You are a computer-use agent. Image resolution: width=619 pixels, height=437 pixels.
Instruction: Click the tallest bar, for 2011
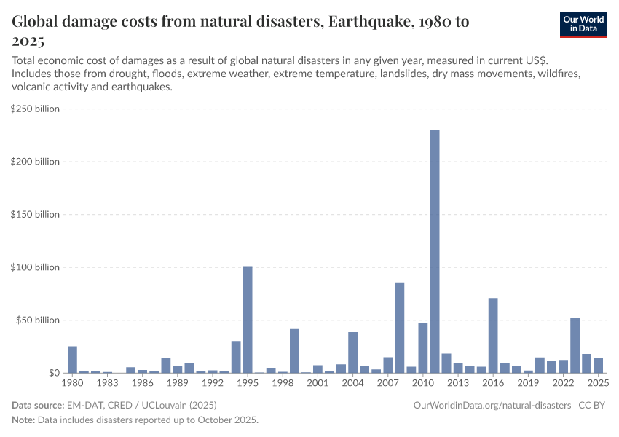click(x=435, y=251)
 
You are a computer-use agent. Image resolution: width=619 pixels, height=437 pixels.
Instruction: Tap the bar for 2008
click(x=400, y=328)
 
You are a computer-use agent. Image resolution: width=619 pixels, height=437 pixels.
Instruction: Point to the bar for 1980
click(x=72, y=359)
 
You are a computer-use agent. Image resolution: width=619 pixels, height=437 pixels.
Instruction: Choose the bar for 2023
click(x=575, y=345)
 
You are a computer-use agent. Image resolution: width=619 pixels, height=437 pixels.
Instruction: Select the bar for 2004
click(x=352, y=353)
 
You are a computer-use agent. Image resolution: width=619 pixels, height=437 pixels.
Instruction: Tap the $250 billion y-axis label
click(x=35, y=109)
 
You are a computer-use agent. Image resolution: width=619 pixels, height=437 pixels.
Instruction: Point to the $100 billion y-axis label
click(x=35, y=267)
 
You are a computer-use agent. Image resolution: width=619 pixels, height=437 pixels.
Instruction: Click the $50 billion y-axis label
click(x=37, y=320)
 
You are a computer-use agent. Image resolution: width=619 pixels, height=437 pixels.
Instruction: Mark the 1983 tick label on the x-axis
click(x=107, y=383)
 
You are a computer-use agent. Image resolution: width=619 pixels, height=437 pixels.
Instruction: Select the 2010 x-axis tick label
click(x=423, y=383)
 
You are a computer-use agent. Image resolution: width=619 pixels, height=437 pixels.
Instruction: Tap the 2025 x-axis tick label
click(x=598, y=383)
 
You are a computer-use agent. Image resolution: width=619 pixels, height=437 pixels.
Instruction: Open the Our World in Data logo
click(x=583, y=24)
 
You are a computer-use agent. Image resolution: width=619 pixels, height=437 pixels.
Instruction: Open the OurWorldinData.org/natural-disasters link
click(x=492, y=405)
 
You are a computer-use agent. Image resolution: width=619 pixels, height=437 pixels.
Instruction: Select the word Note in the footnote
click(x=23, y=420)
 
